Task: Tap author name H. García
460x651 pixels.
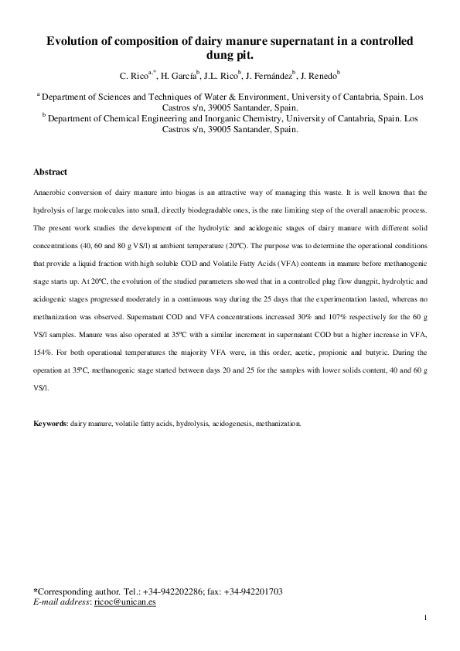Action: (178, 76)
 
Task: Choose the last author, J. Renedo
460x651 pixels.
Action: (319, 76)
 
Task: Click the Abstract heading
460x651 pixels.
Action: (50, 172)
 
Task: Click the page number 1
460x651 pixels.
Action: (425, 618)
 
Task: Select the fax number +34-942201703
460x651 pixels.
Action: (253, 592)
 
